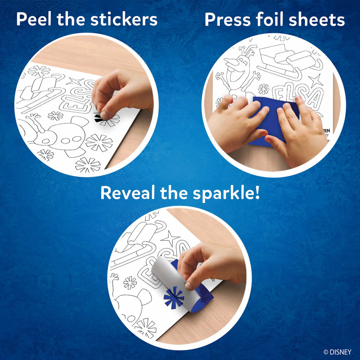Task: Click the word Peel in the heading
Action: pos(34,20)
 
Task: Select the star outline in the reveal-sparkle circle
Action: pos(170,238)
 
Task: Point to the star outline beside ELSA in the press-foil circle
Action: pos(315,81)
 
